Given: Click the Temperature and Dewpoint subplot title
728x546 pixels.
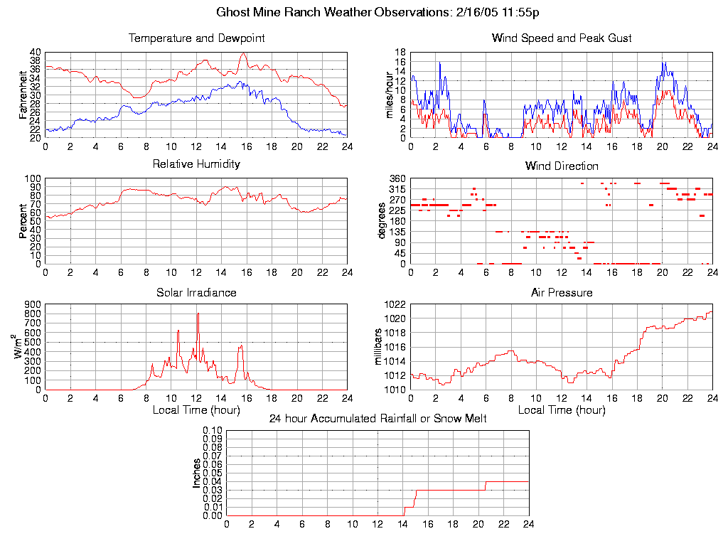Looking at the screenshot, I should [196, 38].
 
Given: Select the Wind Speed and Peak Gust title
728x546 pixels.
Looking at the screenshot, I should [562, 38].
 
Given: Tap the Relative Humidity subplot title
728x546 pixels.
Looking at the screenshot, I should [196, 164].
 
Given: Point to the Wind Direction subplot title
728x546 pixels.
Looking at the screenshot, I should [562, 166].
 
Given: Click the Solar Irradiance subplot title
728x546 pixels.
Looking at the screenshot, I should [196, 293].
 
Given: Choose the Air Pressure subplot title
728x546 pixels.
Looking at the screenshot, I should [562, 293].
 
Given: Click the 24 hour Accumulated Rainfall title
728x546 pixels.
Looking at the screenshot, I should [378, 419].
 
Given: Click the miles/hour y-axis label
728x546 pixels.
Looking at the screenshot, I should [388, 95].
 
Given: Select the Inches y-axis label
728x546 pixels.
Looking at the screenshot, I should [197, 473].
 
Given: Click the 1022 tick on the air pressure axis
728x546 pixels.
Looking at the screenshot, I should [395, 304].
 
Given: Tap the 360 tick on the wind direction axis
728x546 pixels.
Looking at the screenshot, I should [397, 178].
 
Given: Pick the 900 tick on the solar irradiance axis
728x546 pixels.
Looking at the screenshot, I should [32, 304].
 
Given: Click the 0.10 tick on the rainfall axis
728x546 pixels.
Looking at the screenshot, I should [213, 430].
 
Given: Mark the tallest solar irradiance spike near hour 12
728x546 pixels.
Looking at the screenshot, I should [198, 314].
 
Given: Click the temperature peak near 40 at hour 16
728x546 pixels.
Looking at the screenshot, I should [243, 53].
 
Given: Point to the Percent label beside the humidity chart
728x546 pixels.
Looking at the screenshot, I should [23, 221].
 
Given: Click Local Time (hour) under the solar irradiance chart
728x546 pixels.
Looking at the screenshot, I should [196, 409].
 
